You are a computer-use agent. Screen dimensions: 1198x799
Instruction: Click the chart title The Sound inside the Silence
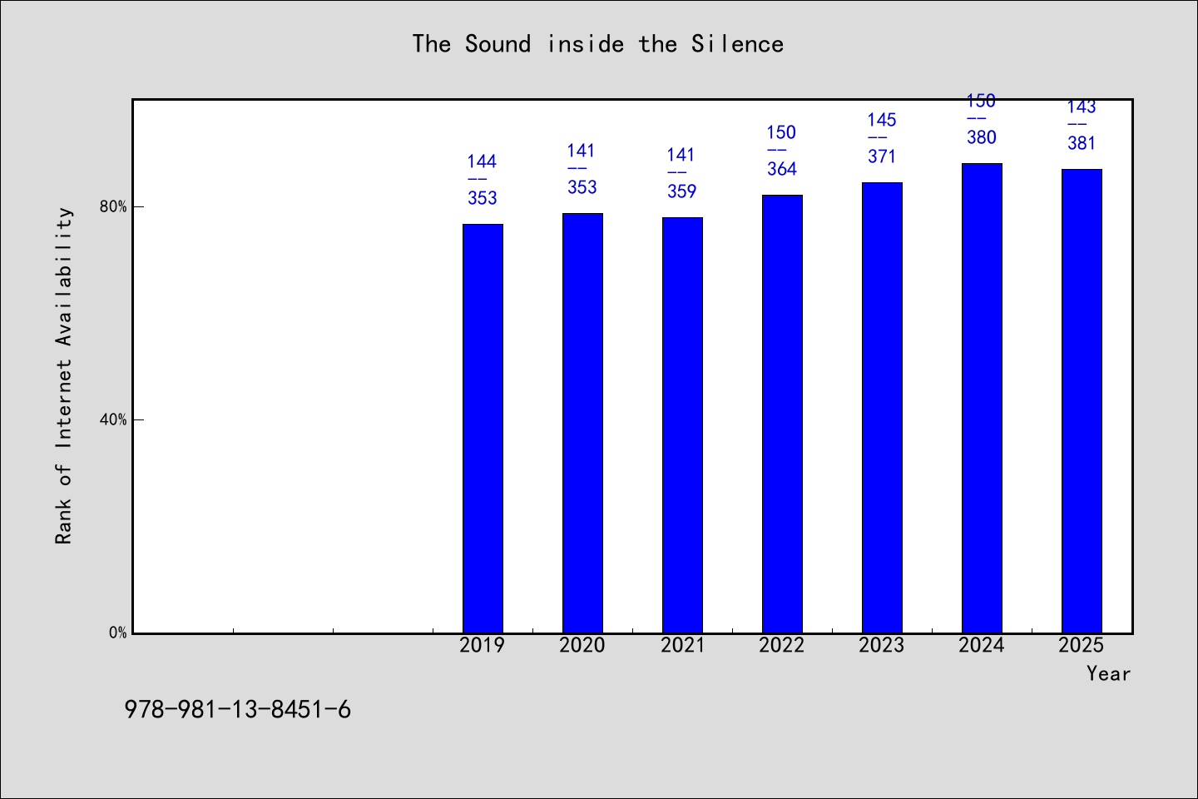(x=598, y=44)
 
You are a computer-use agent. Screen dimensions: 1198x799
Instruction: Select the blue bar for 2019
(x=483, y=429)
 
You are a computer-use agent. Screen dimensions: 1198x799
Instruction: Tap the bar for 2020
(x=582, y=424)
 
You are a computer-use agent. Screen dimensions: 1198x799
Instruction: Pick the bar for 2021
(x=682, y=425)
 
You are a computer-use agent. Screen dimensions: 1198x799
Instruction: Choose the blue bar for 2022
(x=782, y=414)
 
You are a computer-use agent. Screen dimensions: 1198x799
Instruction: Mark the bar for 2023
(x=882, y=408)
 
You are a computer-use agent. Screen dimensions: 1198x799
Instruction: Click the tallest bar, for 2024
(x=982, y=399)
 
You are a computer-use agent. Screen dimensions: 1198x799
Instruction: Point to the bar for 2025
(x=1082, y=401)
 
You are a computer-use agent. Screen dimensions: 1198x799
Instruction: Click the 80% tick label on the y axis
(x=113, y=206)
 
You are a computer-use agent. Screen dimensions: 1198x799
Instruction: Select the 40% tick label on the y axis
(x=113, y=419)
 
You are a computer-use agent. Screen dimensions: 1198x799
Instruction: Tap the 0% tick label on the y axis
(x=117, y=633)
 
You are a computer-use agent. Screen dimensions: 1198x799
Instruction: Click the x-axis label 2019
(x=482, y=645)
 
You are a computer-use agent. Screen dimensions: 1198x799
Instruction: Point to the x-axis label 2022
(x=781, y=645)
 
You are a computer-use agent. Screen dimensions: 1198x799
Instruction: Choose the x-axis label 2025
(x=1081, y=645)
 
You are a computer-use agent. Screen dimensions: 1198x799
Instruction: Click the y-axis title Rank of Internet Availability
(x=63, y=375)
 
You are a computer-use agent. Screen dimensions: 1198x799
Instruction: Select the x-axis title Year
(x=1108, y=673)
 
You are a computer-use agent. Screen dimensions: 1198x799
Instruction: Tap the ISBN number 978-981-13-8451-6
(x=237, y=710)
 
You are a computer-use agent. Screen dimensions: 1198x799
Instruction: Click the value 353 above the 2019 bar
(x=483, y=198)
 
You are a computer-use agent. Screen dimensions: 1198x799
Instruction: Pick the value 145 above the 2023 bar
(x=881, y=120)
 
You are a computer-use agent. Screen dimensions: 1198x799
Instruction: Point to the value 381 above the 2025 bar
(x=1082, y=143)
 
